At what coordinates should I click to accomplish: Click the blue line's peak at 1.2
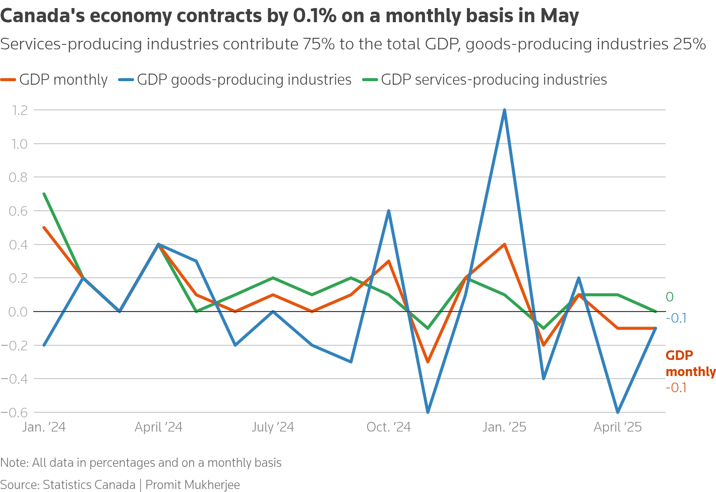point(504,110)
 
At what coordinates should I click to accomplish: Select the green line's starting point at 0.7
point(44,194)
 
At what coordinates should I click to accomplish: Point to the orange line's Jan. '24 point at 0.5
point(44,227)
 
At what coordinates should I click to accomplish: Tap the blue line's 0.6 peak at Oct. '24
point(389,211)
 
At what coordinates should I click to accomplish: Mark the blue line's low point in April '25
point(618,412)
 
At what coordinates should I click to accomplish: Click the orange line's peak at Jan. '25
point(504,244)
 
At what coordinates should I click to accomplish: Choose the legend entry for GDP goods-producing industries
point(235,80)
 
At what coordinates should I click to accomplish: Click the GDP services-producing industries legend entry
point(485,80)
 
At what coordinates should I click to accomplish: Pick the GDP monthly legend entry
point(54,80)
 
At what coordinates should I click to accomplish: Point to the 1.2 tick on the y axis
point(18,110)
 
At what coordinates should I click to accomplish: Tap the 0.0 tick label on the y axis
point(18,312)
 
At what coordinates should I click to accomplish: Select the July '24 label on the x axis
point(273,427)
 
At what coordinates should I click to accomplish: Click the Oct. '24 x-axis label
point(389,427)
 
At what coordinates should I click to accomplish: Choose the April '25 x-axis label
point(618,427)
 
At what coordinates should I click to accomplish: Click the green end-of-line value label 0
point(670,297)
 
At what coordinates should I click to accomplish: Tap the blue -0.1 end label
point(676,319)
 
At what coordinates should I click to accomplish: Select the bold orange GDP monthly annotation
point(690,363)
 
